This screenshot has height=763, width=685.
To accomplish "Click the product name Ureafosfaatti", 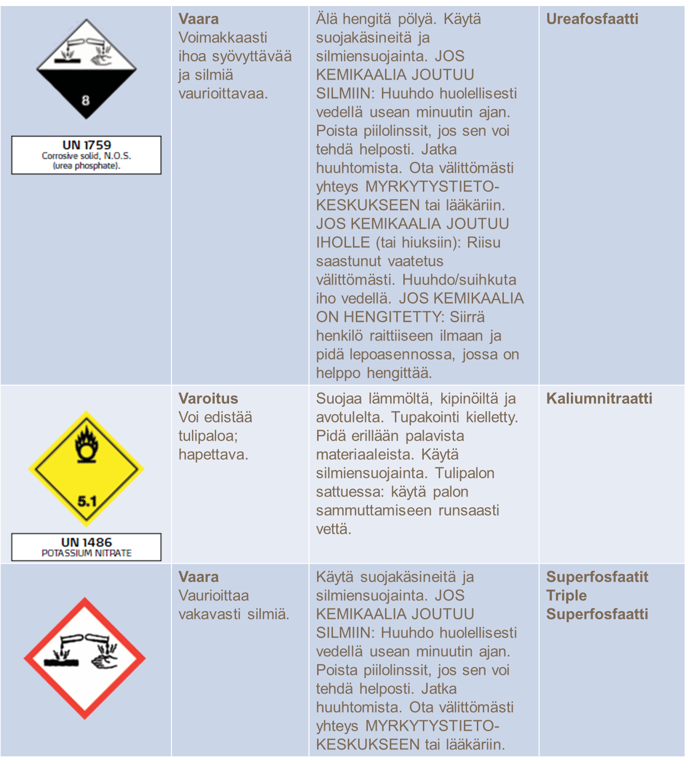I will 592,19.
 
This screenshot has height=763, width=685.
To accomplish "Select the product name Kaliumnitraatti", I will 599,399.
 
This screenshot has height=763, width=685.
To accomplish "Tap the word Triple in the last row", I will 566,596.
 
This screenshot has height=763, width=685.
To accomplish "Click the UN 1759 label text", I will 87,145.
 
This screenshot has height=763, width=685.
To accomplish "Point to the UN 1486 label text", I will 87,543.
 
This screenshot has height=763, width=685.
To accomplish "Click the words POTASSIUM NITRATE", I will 87,553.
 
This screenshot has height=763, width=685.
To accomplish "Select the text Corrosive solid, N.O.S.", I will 87,156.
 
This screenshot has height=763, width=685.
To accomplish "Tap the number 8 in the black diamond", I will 86,101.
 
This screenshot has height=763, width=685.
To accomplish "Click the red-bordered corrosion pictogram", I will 85,658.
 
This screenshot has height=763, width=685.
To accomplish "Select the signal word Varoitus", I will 208,399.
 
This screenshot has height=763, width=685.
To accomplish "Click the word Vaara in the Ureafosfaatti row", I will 198,19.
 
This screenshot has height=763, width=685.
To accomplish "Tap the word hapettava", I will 213,455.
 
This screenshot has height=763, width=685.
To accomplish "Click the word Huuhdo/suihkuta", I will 459,280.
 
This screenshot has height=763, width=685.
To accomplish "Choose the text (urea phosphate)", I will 87,166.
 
